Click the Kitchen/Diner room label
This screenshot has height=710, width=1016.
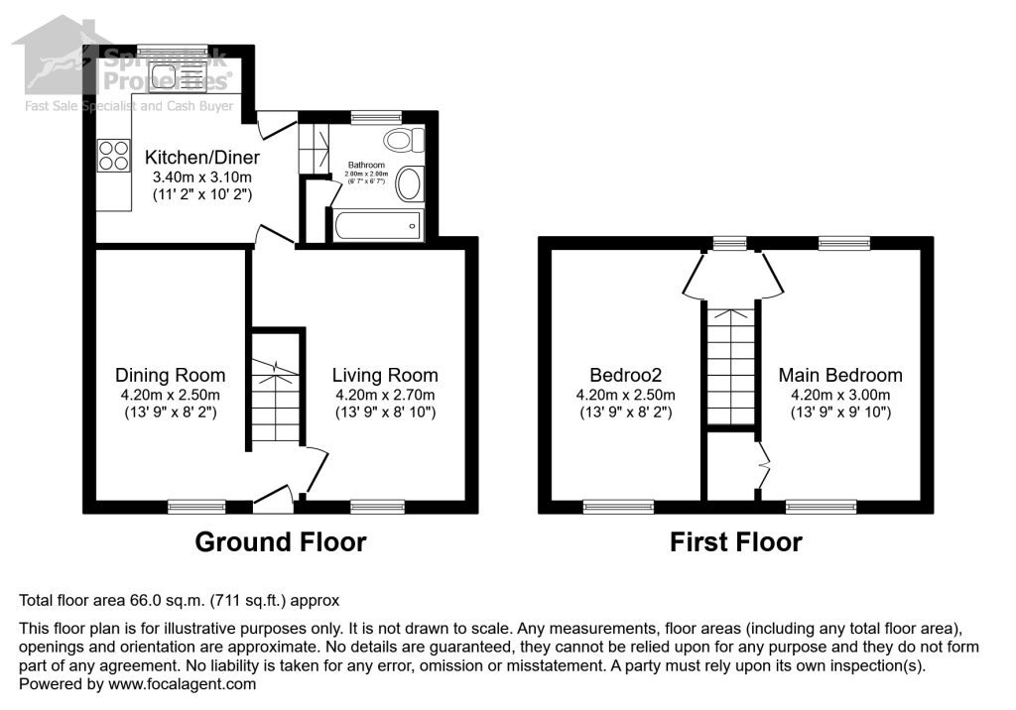[202, 158]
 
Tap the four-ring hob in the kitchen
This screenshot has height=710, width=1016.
[113, 155]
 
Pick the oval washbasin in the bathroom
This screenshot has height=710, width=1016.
[408, 183]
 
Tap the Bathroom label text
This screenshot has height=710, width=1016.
[366, 165]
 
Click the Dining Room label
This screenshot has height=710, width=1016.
[170, 375]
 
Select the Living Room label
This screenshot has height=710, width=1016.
[385, 375]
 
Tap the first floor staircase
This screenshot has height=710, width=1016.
[730, 365]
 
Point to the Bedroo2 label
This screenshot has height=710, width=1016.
[625, 375]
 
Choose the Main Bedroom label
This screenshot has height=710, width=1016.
[840, 375]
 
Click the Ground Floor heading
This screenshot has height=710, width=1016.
[281, 542]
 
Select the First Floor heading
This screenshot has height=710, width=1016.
[735, 542]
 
